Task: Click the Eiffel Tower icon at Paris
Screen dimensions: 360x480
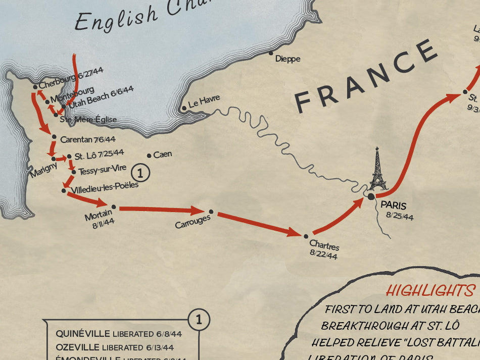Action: click(377, 170)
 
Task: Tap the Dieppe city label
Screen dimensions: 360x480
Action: click(287, 59)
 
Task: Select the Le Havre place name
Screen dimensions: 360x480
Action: click(204, 101)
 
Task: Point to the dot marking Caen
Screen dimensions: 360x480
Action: click(149, 155)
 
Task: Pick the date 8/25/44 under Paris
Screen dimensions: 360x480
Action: click(400, 217)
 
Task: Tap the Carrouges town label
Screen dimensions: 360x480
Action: click(193, 222)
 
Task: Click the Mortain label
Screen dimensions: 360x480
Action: click(99, 216)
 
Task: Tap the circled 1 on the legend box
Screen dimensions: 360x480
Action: click(199, 319)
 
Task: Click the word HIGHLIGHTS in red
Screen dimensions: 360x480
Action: click(430, 291)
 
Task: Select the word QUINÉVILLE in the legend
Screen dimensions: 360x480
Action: click(83, 334)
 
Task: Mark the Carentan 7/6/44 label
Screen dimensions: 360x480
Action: click(87, 139)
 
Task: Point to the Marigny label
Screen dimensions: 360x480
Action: click(43, 170)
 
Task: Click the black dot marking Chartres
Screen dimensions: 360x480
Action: click(306, 236)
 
